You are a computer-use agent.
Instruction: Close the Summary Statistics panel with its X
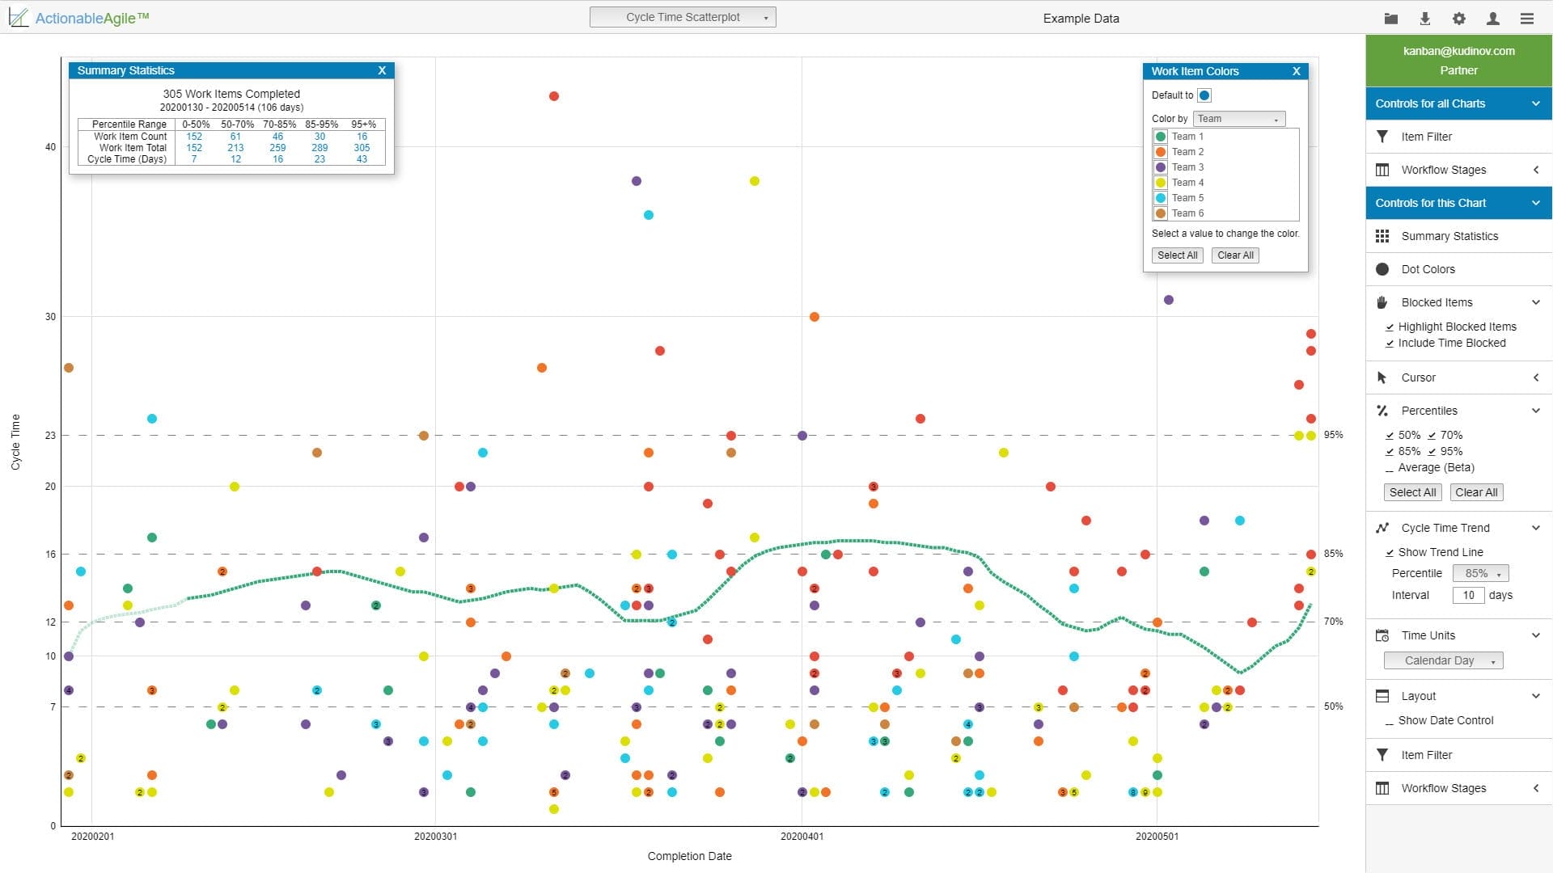pyautogui.click(x=382, y=71)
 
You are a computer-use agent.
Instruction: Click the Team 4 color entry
pyautogui.click(x=1187, y=183)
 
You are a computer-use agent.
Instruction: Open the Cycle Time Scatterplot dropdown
pyautogui.click(x=683, y=17)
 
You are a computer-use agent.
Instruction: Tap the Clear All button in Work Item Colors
pyautogui.click(x=1235, y=255)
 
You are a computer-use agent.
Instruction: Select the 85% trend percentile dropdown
pyautogui.click(x=1480, y=574)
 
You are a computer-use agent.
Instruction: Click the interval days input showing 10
pyautogui.click(x=1468, y=596)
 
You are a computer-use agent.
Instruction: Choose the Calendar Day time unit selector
pyautogui.click(x=1443, y=661)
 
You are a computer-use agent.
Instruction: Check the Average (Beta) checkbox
pyautogui.click(x=1390, y=469)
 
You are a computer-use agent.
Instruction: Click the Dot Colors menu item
pyautogui.click(x=1428, y=269)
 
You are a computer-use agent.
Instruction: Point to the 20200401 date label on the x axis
pyautogui.click(x=802, y=837)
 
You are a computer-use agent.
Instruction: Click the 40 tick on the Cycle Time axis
pyautogui.click(x=51, y=147)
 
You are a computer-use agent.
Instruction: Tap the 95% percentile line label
pyautogui.click(x=1333, y=435)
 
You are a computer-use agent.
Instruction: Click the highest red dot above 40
pyautogui.click(x=554, y=96)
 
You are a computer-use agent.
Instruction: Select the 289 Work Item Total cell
pyautogui.click(x=319, y=148)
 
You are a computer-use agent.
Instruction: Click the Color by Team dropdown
pyautogui.click(x=1238, y=119)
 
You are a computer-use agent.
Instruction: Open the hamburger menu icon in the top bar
pyautogui.click(x=1527, y=19)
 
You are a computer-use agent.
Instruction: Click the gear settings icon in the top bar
pyautogui.click(x=1459, y=19)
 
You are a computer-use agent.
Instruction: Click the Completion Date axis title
pyautogui.click(x=689, y=856)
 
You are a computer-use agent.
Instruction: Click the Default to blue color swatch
pyautogui.click(x=1204, y=95)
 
